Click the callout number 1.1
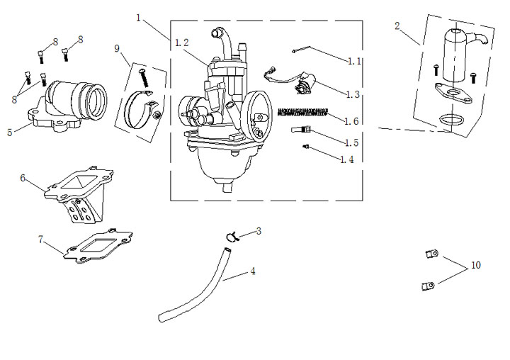pyautogui.click(x=354, y=62)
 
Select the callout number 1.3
pyautogui.click(x=353, y=94)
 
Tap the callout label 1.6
pyautogui.click(x=351, y=121)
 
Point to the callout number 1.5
pyautogui.click(x=351, y=143)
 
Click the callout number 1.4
pyautogui.click(x=346, y=159)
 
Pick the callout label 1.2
pyautogui.click(x=181, y=43)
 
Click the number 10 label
pyautogui.click(x=475, y=265)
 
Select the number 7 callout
pyautogui.click(x=41, y=239)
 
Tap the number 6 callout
pyautogui.click(x=23, y=178)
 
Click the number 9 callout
pyautogui.click(x=118, y=48)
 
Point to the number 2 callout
pyautogui.click(x=397, y=26)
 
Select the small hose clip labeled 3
pyautogui.click(x=232, y=236)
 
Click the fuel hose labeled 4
pyautogui.click(x=198, y=291)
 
